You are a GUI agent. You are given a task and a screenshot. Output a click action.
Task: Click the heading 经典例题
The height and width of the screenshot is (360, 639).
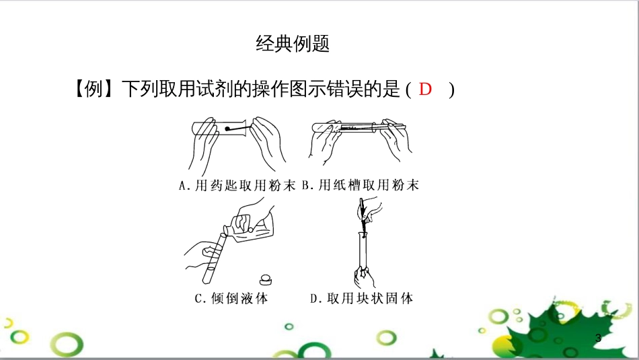(293, 44)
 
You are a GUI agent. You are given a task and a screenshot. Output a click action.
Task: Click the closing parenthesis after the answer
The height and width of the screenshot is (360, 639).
(451, 89)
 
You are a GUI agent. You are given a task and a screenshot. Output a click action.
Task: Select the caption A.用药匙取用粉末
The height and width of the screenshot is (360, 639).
(237, 186)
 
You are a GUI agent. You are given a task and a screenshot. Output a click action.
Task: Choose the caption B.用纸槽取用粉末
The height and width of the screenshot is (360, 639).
(361, 186)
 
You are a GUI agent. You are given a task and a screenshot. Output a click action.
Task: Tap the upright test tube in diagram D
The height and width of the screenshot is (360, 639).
(364, 252)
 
